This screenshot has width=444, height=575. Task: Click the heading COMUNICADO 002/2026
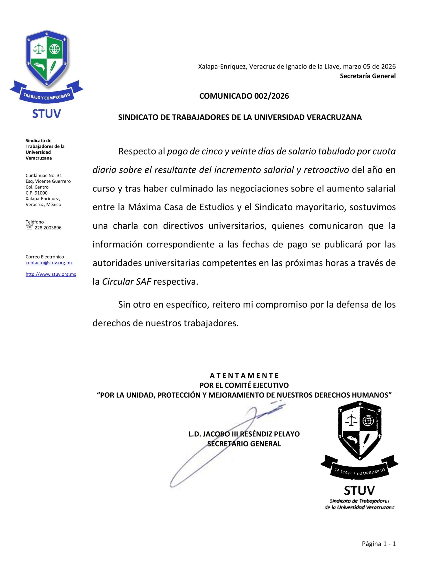pos(244,96)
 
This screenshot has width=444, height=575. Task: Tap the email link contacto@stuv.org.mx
pos(49,263)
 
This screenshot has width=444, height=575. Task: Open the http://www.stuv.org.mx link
pos(51,274)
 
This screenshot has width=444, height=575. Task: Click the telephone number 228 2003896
pos(48,228)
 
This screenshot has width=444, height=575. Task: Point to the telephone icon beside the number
pos(29,227)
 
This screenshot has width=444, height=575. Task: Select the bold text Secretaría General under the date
pos(367,76)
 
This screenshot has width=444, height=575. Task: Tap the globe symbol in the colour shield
pos(55,49)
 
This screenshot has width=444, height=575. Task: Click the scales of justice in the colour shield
pos(38,49)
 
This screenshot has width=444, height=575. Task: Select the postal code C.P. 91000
pos(37,193)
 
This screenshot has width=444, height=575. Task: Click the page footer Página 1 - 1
pos(378,544)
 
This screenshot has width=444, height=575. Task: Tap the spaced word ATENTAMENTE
pos(244,376)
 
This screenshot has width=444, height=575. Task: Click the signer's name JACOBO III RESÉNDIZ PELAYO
pos(244,434)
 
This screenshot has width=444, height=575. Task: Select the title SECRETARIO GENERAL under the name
pos(244,444)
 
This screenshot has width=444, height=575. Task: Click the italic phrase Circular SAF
pos(127,282)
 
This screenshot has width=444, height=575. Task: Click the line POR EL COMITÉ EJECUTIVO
pos(244,385)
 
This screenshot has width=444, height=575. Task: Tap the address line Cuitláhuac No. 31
pos(44,175)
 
